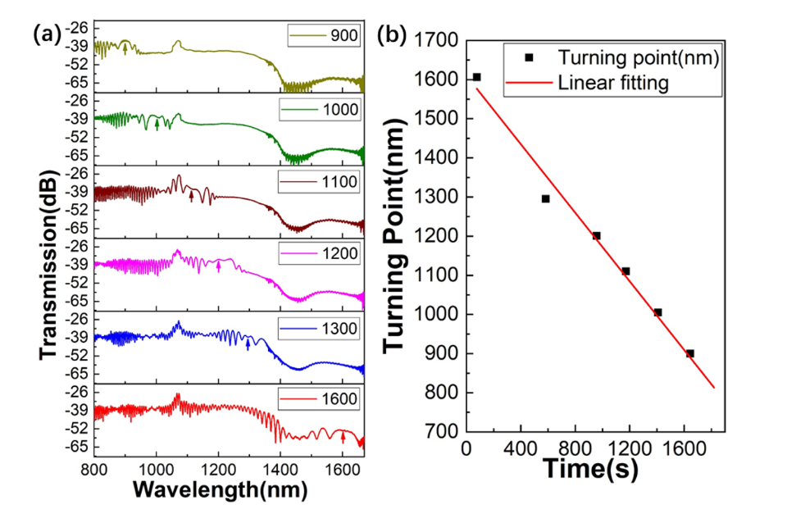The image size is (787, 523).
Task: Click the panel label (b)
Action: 391,34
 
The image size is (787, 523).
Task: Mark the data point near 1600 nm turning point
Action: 476,77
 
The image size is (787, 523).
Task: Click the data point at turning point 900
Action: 690,353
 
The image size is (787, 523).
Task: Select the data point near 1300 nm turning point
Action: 545,198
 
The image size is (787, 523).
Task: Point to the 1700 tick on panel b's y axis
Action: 439,40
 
